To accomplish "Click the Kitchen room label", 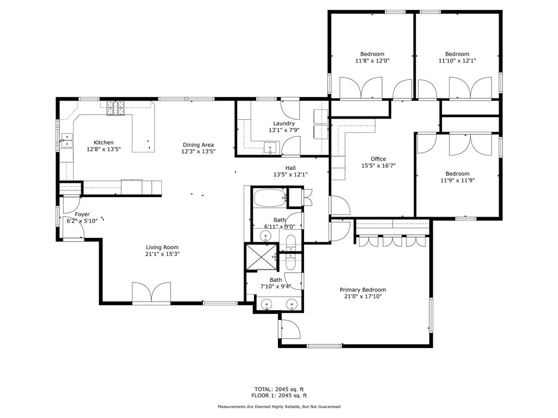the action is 104,143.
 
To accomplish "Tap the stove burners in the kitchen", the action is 116,108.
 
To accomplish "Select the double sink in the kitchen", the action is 66,140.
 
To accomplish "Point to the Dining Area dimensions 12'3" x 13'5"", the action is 198,151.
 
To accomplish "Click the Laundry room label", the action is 284,124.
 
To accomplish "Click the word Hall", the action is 290,168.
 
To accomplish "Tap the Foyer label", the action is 82,214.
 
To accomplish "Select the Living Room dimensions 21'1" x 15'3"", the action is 162,254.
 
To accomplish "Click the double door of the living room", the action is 151,292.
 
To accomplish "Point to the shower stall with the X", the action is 262,257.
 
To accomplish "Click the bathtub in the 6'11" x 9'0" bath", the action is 270,198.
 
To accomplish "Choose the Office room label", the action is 378,159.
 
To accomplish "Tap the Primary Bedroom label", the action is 363,290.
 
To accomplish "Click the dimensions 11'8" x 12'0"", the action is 372,60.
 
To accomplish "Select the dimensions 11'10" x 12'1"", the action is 457,60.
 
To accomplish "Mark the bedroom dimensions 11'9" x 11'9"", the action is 457,180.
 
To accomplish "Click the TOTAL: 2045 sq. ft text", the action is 279,389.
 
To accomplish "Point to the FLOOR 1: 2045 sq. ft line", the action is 279,395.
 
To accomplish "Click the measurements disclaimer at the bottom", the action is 279,407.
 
